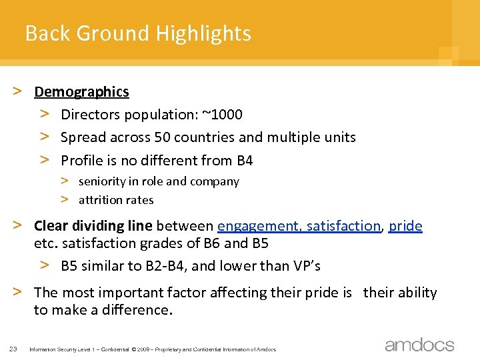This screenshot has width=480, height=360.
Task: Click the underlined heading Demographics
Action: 81,92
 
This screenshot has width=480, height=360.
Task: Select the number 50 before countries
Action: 161,137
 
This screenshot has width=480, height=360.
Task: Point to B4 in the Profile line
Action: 245,161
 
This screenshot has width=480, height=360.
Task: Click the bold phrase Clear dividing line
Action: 93,226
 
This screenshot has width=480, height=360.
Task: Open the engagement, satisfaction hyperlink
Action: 299,226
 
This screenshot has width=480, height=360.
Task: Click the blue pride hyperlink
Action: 405,226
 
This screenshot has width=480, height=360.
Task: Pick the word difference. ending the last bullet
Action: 138,310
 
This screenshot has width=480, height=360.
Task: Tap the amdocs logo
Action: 419,345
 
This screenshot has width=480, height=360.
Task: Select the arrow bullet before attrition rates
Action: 66,199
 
